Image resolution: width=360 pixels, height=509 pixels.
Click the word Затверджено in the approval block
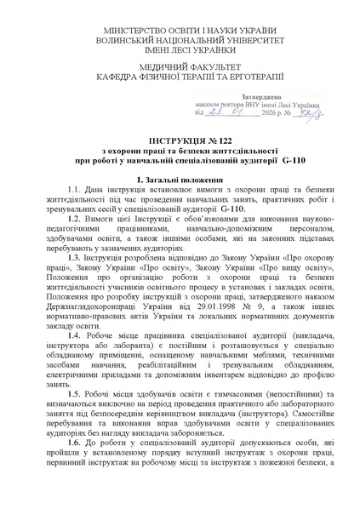click(x=243, y=96)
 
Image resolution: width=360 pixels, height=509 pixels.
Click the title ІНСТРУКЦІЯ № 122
click(x=180, y=139)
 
